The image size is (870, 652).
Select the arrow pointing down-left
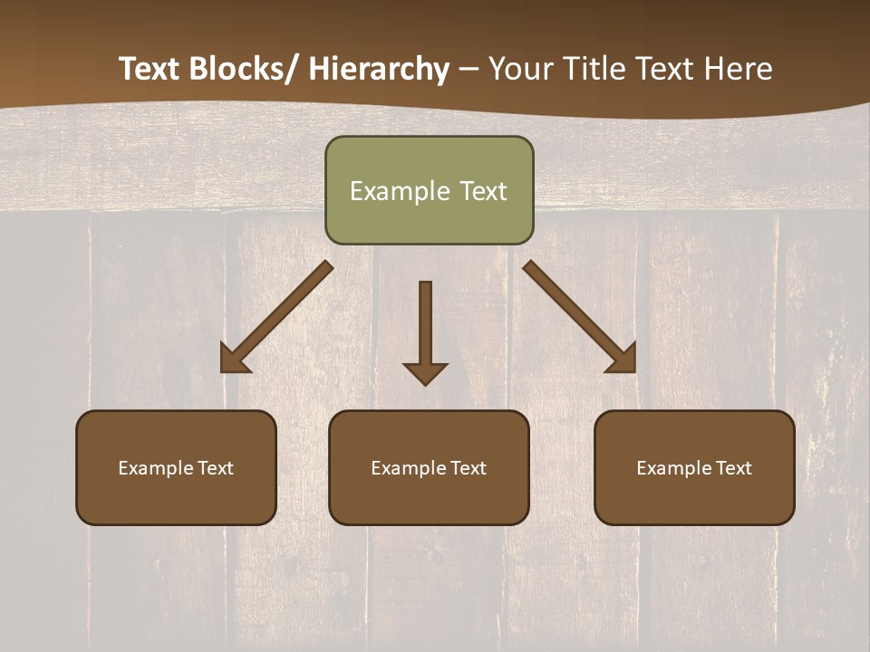tap(275, 317)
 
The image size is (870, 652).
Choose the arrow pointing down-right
tap(580, 317)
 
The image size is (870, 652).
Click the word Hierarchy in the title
tap(379, 70)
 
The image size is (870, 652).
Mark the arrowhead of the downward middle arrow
tap(425, 372)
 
